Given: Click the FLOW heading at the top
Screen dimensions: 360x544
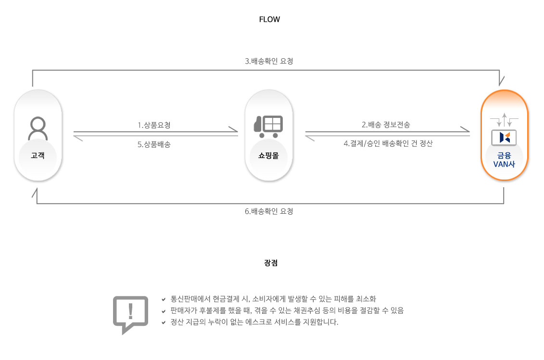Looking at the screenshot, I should (269, 20).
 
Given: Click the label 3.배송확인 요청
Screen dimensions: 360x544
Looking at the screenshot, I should (269, 61).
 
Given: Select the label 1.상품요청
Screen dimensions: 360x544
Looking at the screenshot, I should (154, 125).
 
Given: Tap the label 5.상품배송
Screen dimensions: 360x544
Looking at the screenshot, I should (154, 144).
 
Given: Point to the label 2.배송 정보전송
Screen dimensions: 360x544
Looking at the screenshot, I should (386, 125).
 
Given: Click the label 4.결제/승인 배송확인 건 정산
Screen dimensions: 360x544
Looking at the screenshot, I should (388, 143).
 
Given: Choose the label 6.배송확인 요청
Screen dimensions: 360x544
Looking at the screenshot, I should (269, 211).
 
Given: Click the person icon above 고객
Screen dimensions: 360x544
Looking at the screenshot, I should (38, 129).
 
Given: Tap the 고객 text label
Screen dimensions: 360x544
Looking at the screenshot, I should (38, 155).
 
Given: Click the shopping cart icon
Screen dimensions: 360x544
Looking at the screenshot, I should (268, 125).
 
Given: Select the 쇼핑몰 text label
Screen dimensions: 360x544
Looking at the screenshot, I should (268, 155).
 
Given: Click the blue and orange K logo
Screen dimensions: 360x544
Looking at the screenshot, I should (504, 138).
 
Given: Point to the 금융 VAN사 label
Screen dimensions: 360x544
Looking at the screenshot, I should (504, 159).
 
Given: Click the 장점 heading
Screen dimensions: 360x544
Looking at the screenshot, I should (271, 263).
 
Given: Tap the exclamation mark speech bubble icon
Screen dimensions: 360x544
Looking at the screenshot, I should (130, 313).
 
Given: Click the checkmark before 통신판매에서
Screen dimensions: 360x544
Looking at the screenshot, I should (164, 299).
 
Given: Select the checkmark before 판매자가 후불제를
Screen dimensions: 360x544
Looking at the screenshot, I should (164, 311).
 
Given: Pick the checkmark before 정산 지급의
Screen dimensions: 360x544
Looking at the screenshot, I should (164, 323).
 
